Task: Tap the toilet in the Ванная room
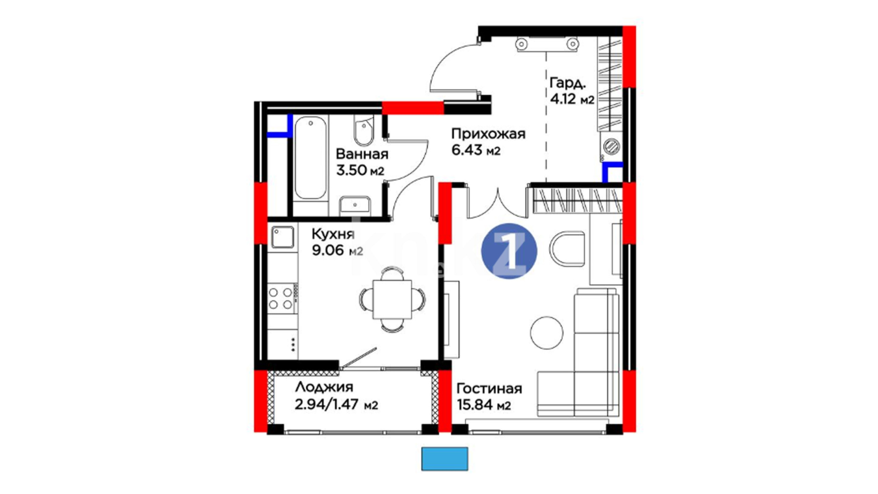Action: coord(364,131)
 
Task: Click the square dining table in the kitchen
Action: coord(392,299)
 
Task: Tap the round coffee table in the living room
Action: coord(546,333)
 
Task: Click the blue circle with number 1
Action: coord(509,251)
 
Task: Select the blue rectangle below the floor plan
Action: coord(444,459)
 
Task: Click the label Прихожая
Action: coord(488,134)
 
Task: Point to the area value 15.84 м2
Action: coord(484,405)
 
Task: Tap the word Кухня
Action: coord(333,234)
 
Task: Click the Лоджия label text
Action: coord(324,387)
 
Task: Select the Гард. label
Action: coord(567,83)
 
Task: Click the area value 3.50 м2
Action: coord(360,171)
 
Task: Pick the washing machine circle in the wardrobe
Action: coord(611,147)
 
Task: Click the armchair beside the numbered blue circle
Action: coord(567,250)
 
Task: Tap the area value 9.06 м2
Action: coord(337,251)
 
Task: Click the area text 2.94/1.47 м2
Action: coord(337,405)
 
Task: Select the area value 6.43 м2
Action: coord(476,150)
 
